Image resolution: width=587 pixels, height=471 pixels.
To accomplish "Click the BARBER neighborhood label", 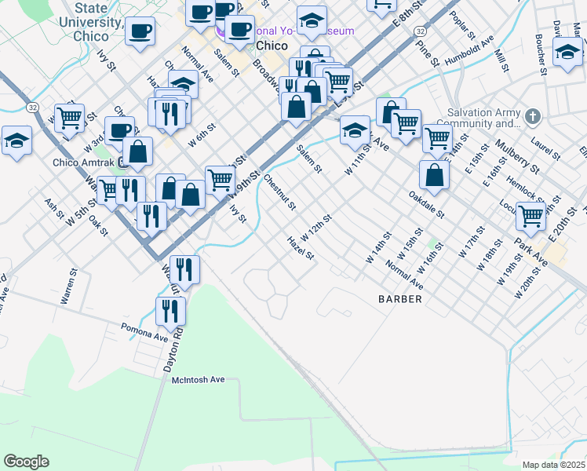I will (x=400, y=299).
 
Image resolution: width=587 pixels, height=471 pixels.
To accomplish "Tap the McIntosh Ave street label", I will (x=198, y=379).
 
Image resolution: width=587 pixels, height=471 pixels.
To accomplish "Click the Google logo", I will (x=26, y=462).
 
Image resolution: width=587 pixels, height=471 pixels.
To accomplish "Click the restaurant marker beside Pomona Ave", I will (x=170, y=311).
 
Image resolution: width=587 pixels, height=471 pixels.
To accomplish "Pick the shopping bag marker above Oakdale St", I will (x=434, y=174).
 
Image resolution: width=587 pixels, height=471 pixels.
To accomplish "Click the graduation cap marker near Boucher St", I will (x=567, y=52).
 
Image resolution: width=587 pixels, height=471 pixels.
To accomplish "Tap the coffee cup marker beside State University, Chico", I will (x=140, y=31).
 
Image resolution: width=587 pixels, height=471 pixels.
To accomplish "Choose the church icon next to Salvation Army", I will (x=533, y=117).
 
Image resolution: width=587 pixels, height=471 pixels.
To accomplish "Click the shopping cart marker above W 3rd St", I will (x=69, y=118).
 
